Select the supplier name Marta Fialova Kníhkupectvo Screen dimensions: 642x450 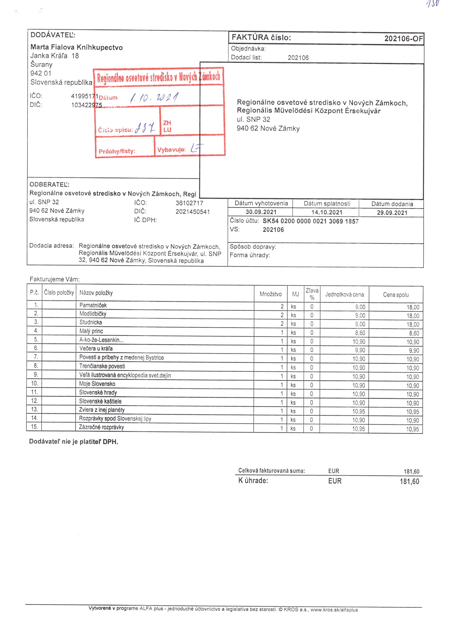pos(76,47)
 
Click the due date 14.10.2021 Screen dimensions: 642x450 pos(327,212)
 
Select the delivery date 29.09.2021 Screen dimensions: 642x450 pos(392,213)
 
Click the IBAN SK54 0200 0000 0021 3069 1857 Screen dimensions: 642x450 pos(310,221)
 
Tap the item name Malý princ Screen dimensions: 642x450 pos(91,331)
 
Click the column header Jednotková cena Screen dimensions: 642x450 pos(344,294)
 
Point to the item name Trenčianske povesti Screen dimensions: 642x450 pos(102,366)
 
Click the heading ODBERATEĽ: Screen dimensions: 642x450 pos(50,185)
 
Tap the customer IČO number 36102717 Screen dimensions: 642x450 pos(189,203)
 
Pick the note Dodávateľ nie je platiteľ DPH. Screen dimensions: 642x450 pos(74,442)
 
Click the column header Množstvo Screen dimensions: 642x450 pos(270,294)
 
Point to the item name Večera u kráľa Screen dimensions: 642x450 pos(96,348)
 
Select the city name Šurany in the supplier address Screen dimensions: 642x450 pos(41,65)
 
